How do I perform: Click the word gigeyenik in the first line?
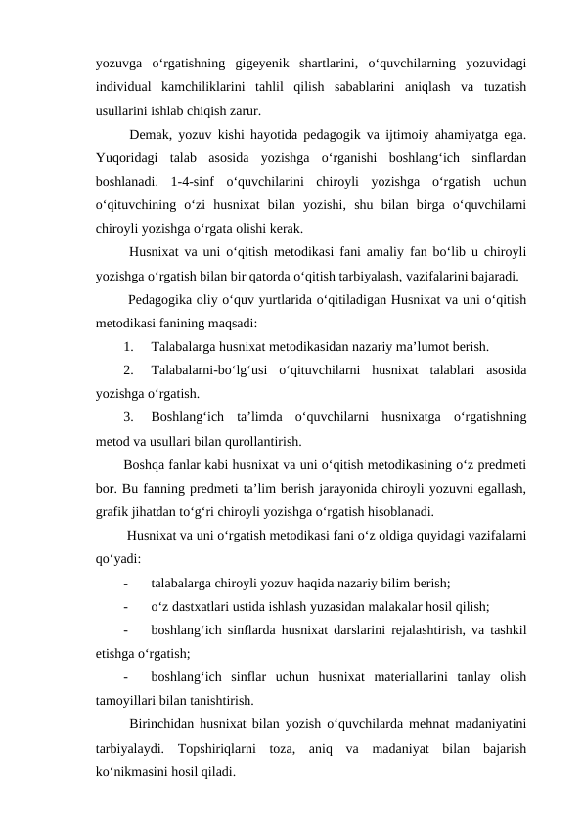(x=268, y=65)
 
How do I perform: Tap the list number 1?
(x=129, y=345)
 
